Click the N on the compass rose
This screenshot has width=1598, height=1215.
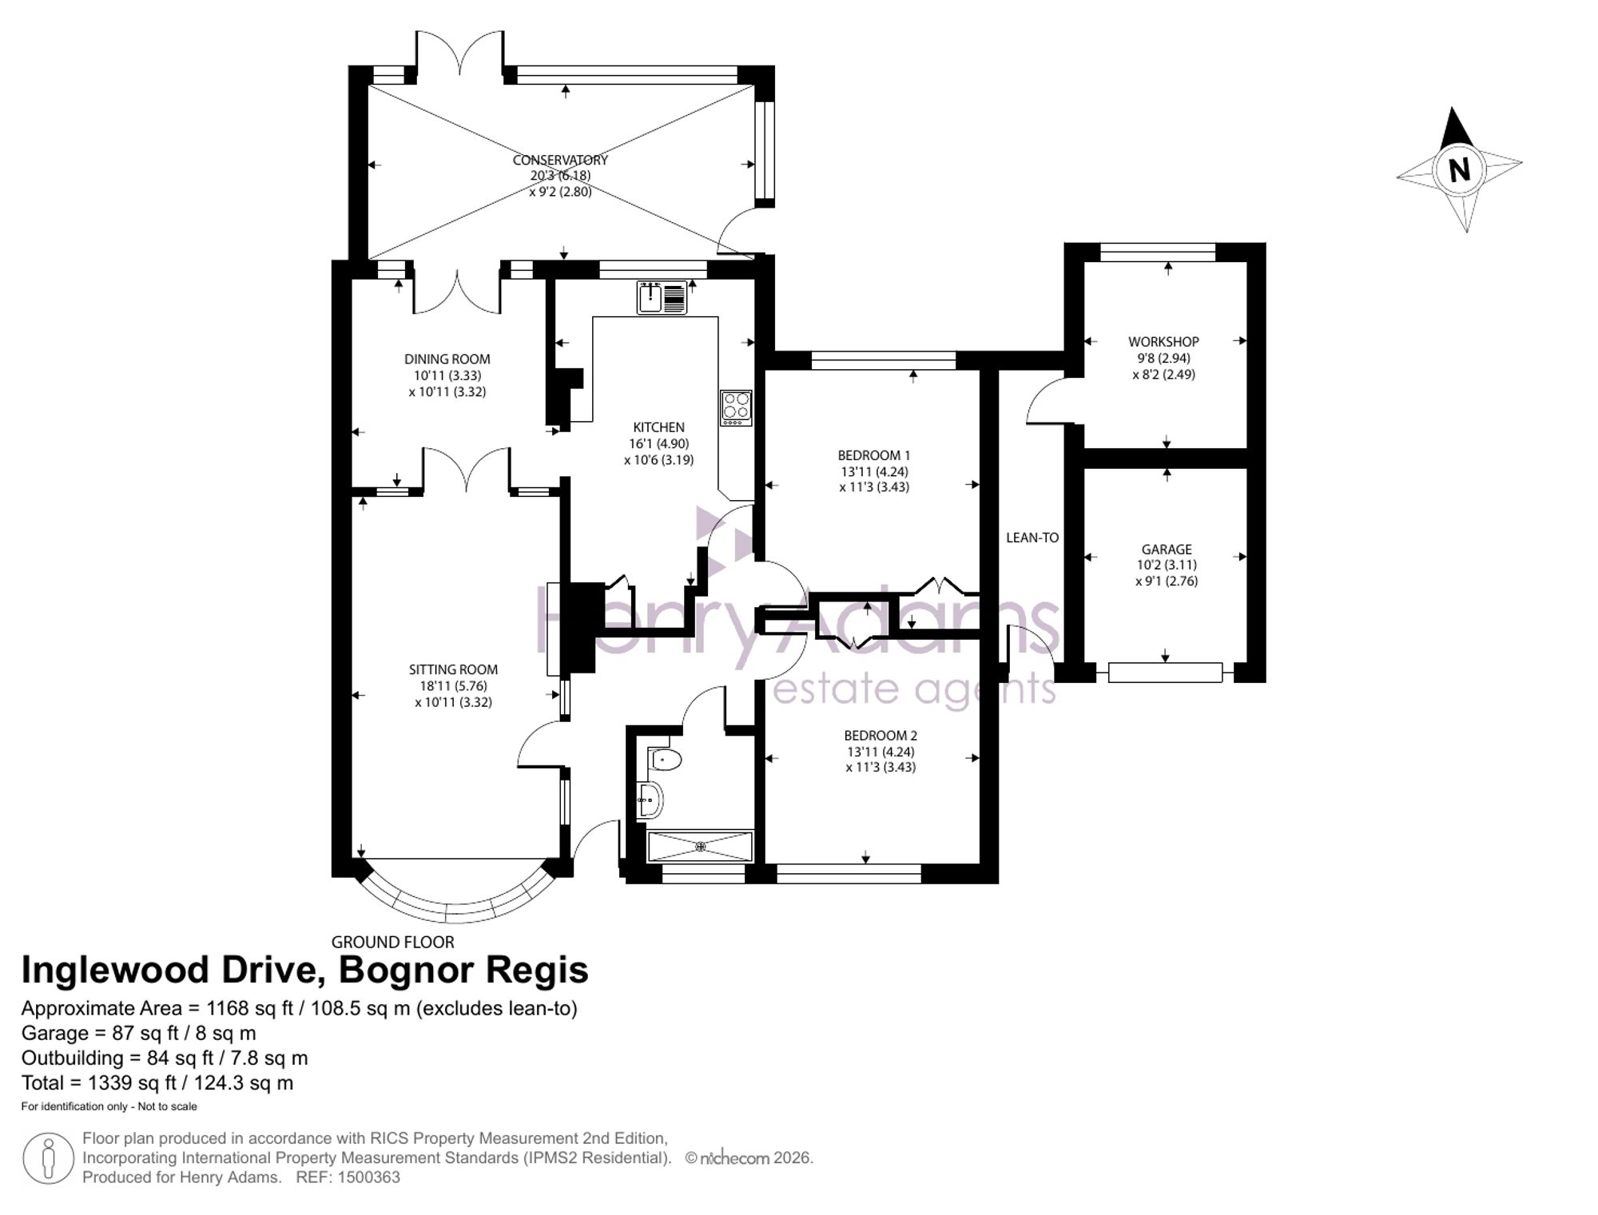[x=1459, y=170]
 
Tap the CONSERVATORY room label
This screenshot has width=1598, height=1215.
[x=560, y=160]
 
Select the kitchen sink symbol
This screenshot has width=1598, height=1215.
[x=662, y=298]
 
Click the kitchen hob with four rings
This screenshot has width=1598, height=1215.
[x=736, y=407]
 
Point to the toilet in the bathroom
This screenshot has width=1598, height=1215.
[x=663, y=757]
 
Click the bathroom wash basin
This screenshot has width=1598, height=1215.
[x=650, y=799]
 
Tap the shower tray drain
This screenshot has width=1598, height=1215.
[x=702, y=846]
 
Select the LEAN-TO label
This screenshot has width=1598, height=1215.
[x=1032, y=538]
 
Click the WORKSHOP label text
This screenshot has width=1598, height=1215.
[x=1163, y=341]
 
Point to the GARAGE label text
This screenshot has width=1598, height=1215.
[x=1167, y=549]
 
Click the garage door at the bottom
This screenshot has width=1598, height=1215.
[x=1165, y=673]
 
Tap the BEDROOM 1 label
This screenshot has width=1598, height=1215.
[x=874, y=455]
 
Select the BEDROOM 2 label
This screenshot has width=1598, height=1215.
[x=880, y=735]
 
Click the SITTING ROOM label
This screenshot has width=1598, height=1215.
[x=453, y=669]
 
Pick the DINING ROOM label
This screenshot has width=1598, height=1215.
[x=447, y=359]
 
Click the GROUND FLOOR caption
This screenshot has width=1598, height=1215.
[x=393, y=942]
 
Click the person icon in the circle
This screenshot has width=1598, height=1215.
[x=49, y=1158]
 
